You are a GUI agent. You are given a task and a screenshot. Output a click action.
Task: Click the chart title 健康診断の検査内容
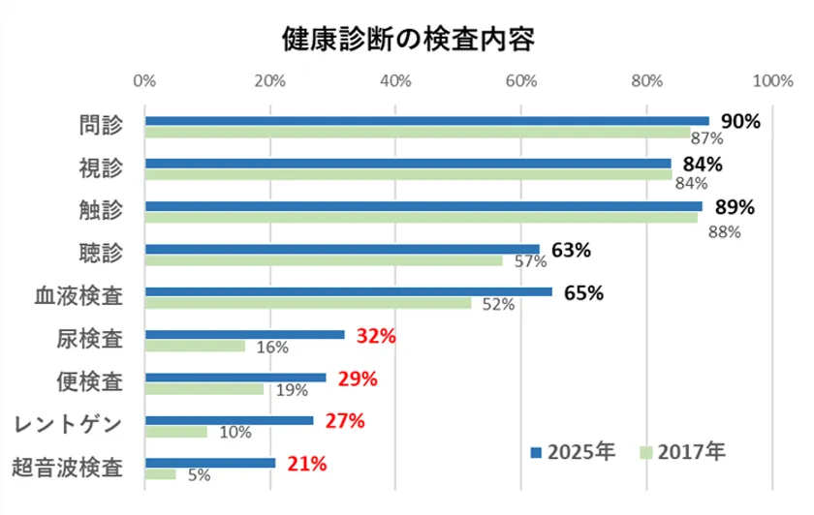coord(408,39)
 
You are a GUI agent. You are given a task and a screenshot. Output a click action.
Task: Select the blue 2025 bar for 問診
coord(426,121)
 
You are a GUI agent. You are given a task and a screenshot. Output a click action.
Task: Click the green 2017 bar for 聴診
coord(324,259)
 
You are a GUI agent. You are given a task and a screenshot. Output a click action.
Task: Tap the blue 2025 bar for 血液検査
coord(348,291)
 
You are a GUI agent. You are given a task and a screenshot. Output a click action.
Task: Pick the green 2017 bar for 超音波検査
coord(161,473)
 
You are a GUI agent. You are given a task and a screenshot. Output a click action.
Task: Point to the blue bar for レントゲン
coord(230,420)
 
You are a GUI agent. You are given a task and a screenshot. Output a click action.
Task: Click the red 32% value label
coord(375,336)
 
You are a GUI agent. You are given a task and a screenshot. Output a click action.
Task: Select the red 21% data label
coord(306,464)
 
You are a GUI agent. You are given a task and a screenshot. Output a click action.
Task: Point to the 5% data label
coord(198,475)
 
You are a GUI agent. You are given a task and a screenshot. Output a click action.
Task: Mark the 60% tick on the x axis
coord(521,81)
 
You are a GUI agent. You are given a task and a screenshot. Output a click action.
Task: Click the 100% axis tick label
coord(771,81)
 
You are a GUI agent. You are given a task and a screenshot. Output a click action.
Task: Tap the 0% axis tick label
coord(144,81)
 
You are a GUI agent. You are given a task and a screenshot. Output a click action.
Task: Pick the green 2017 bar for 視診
coord(407,174)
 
